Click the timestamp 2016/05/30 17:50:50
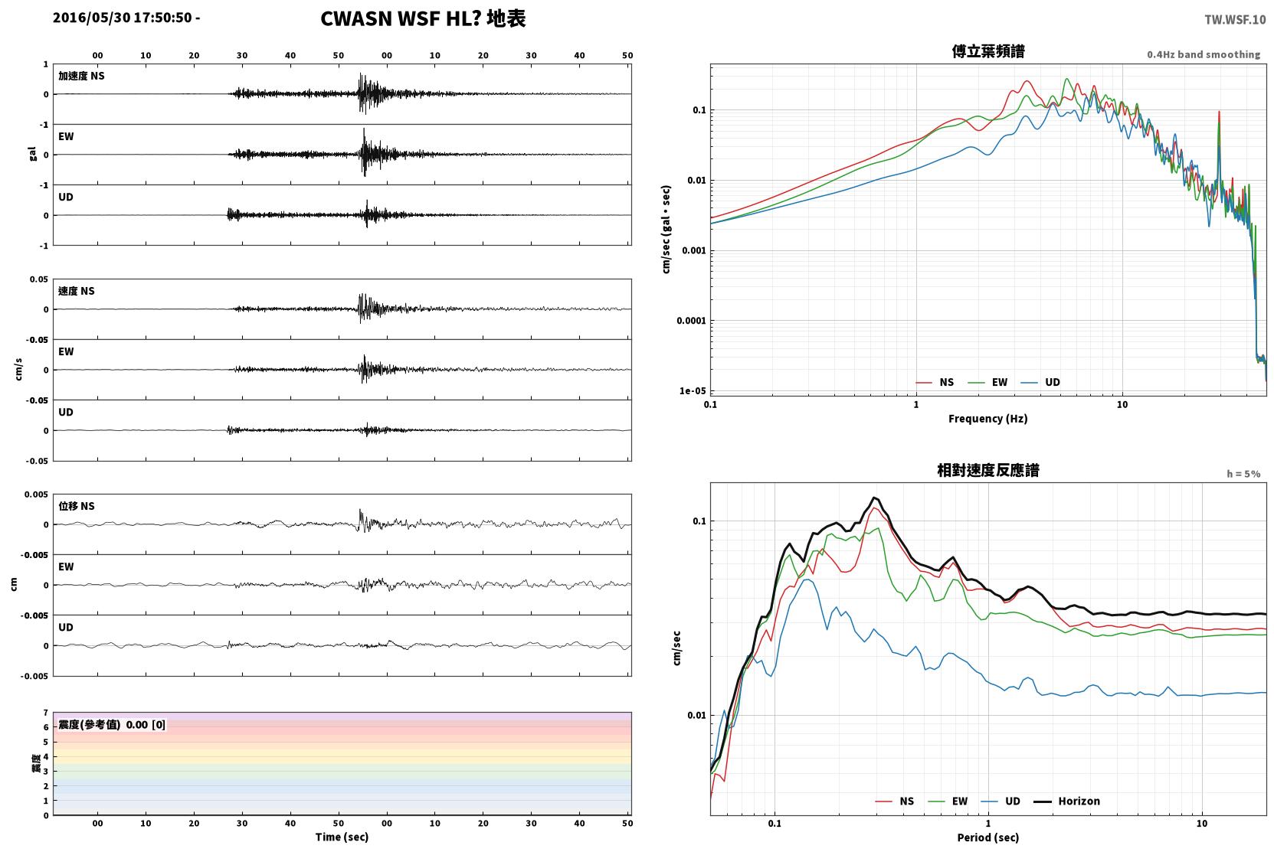(x=123, y=18)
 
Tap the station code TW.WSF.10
(x=1235, y=19)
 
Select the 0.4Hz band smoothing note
(x=1204, y=54)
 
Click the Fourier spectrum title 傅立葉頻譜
(x=988, y=51)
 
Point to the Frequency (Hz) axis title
(x=988, y=419)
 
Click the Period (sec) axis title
(x=988, y=837)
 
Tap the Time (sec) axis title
(x=342, y=837)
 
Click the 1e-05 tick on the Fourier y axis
(x=693, y=391)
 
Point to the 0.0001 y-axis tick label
(x=691, y=321)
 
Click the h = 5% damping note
(x=1243, y=473)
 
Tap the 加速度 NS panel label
(x=81, y=76)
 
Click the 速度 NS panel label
(x=76, y=291)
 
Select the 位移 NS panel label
(x=76, y=506)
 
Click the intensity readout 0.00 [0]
(x=146, y=725)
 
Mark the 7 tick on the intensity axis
(x=45, y=713)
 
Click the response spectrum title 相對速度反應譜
(x=988, y=470)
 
